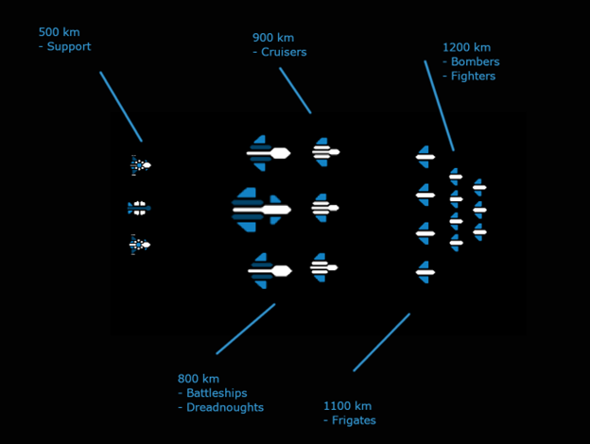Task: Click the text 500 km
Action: [x=59, y=31]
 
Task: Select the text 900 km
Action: [x=273, y=38]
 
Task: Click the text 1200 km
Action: [x=466, y=47]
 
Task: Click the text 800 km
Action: [x=198, y=379]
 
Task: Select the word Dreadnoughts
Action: [x=225, y=408]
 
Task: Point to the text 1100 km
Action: [x=347, y=406]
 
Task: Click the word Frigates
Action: [x=354, y=420]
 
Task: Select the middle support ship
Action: [x=139, y=207]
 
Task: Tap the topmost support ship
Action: [x=140, y=165]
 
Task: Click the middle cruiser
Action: [x=324, y=208]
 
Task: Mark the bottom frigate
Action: [x=425, y=272]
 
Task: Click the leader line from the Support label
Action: [x=121, y=107]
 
